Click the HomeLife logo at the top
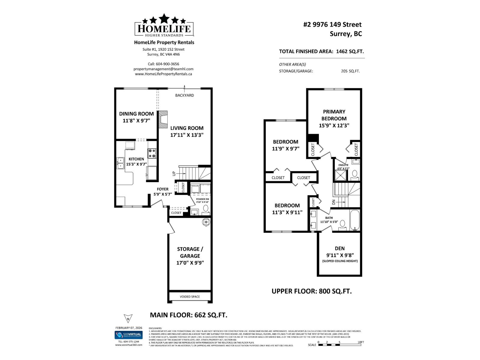(164, 26)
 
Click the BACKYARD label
(184, 95)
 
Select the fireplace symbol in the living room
(163, 120)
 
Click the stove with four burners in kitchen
(152, 153)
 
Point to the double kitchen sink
(120, 163)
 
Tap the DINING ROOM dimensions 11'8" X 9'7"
(136, 121)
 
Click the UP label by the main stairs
(174, 174)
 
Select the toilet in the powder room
(206, 208)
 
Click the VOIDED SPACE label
(190, 297)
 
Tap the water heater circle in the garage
(207, 222)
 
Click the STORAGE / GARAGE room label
(190, 252)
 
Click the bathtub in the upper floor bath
(355, 220)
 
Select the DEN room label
(340, 248)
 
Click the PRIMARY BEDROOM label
(334, 115)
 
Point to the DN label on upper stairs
(334, 202)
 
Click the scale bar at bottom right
(340, 345)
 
